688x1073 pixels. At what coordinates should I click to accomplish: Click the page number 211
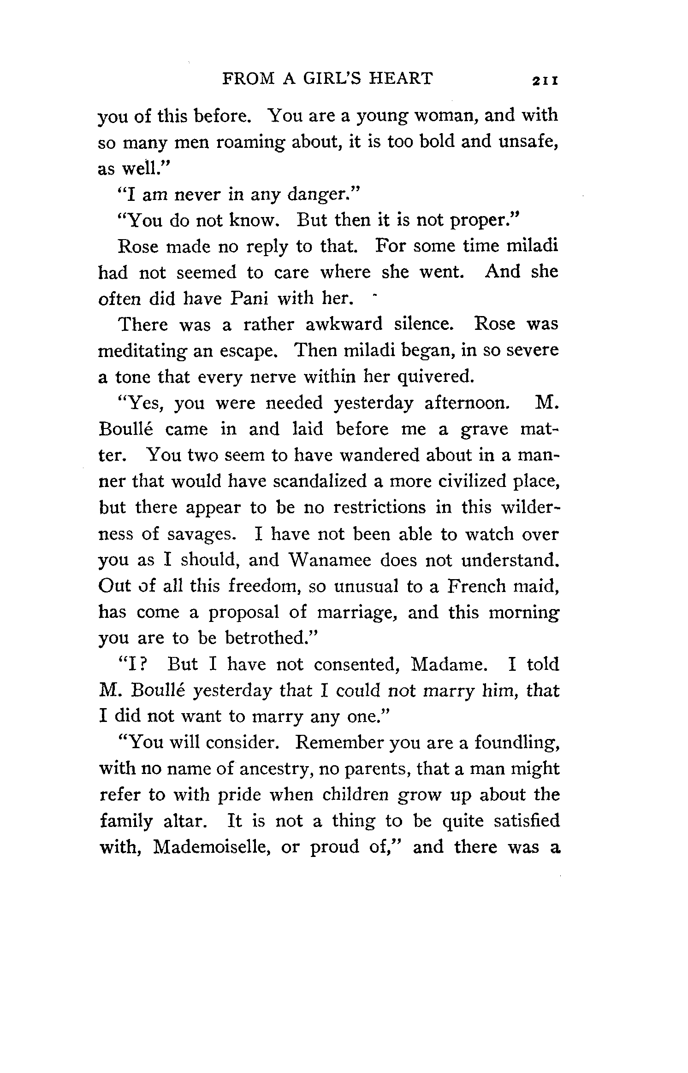pyautogui.click(x=546, y=80)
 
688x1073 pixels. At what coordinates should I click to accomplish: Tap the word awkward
pyautogui.click(x=344, y=324)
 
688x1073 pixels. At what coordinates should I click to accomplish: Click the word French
pyautogui.click(x=475, y=586)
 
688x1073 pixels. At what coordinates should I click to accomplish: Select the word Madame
pyautogui.click(x=448, y=665)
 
